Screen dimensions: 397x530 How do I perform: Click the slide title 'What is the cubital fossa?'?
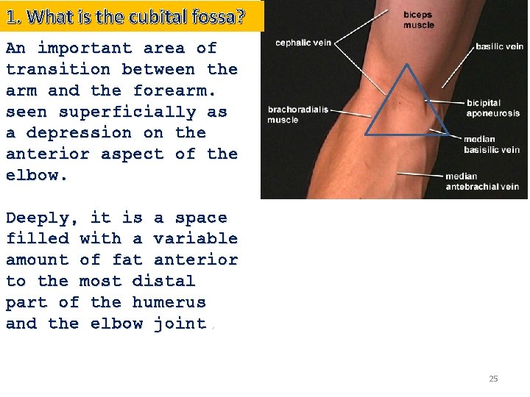pos(132,16)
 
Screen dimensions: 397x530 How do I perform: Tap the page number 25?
pos(493,379)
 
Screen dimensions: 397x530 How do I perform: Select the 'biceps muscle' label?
pos(418,20)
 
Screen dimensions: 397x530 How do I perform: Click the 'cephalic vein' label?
pos(303,43)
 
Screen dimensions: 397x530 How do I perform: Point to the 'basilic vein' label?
pos(499,46)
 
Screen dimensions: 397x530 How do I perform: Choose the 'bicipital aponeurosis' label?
pos(492,108)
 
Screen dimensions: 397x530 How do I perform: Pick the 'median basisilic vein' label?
pos(491,144)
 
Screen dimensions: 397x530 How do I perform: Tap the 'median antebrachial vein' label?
pos(482,182)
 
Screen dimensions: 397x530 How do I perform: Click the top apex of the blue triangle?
pos(406,64)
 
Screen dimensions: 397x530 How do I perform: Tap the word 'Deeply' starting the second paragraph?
pos(42,218)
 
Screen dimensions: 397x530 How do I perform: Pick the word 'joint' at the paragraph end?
pos(180,323)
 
